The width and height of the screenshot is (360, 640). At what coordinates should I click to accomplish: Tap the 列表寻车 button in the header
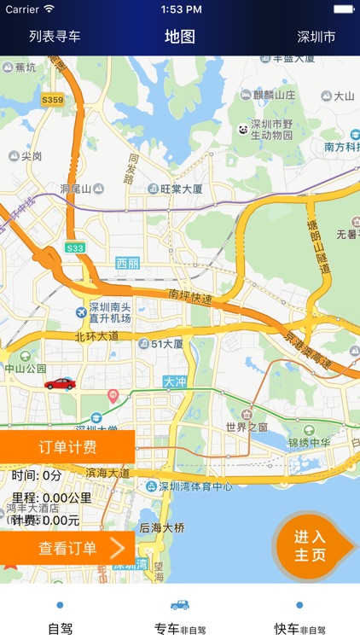pyautogui.click(x=55, y=37)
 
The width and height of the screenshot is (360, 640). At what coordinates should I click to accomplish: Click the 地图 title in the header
pyautogui.click(x=180, y=37)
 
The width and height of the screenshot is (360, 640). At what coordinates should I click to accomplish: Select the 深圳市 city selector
pyautogui.click(x=316, y=37)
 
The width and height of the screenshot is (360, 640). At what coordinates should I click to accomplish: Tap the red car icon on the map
pyautogui.click(x=60, y=383)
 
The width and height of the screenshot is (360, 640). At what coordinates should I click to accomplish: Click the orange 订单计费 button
pyautogui.click(x=67, y=446)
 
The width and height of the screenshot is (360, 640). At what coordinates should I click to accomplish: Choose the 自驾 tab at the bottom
pyautogui.click(x=60, y=618)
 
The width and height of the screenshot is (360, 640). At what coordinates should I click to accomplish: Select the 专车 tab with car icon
pyautogui.click(x=180, y=618)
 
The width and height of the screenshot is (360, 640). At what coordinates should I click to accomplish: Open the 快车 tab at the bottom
pyautogui.click(x=299, y=618)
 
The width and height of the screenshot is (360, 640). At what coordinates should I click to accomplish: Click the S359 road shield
pyautogui.click(x=53, y=100)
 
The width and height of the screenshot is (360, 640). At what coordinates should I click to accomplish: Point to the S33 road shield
pyautogui.click(x=76, y=247)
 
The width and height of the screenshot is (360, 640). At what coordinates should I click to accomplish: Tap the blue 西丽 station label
pyautogui.click(x=127, y=263)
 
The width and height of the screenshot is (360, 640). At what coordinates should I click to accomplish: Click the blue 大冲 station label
pyautogui.click(x=175, y=382)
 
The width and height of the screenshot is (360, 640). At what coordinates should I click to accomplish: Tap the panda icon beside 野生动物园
pyautogui.click(x=243, y=129)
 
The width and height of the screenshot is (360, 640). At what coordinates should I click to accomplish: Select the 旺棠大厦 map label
pyautogui.click(x=175, y=189)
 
